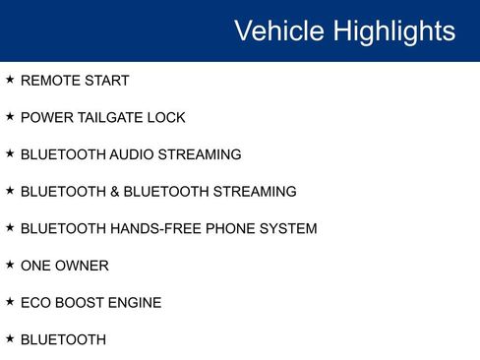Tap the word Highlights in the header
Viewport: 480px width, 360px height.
(394, 30)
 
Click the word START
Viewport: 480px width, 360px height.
(107, 81)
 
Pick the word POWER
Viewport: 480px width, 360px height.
(45, 118)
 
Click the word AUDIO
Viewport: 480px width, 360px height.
(133, 154)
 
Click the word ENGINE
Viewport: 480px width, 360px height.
(136, 303)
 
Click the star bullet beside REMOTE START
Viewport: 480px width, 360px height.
(10, 79)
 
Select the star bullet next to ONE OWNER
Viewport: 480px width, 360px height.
(10, 264)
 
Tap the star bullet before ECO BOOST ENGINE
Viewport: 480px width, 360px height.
(10, 301)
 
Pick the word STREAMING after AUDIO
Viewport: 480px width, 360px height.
(200, 154)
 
